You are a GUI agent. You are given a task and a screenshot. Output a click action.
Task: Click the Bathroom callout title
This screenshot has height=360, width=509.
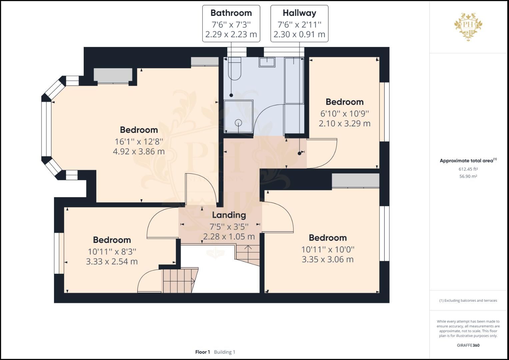click(x=231, y=13)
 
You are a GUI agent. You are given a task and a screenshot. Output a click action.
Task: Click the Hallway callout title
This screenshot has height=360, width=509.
click(x=299, y=13)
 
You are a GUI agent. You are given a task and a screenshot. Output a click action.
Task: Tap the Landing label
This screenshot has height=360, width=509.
click(x=229, y=215)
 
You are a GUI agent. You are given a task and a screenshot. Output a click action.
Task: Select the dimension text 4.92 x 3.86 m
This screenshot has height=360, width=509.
click(x=139, y=152)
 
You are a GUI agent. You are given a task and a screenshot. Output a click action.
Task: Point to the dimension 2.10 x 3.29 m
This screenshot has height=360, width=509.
click(x=344, y=124)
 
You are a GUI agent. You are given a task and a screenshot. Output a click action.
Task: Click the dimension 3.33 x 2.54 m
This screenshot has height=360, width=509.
click(x=112, y=262)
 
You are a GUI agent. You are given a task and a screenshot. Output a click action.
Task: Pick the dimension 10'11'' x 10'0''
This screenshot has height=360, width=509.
click(x=328, y=249)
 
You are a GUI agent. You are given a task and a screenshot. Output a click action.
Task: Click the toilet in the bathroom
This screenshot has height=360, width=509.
click(x=234, y=69)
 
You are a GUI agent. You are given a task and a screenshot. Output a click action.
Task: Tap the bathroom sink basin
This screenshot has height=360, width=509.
click(x=267, y=62)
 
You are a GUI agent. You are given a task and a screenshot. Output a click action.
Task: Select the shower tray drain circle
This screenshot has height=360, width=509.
click(x=238, y=122)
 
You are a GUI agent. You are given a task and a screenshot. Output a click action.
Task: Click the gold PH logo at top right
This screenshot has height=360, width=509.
click(x=468, y=26)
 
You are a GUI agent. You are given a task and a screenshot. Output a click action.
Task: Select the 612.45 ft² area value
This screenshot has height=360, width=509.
click(x=468, y=169)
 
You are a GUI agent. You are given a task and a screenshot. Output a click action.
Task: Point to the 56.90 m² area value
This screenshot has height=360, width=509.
click(x=468, y=176)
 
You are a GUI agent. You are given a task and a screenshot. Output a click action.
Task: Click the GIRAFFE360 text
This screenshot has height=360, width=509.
click(x=468, y=345)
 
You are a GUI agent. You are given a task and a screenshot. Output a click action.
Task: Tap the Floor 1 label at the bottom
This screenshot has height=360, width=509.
click(x=202, y=352)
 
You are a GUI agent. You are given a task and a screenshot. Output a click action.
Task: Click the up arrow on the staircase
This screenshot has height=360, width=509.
click(x=248, y=248)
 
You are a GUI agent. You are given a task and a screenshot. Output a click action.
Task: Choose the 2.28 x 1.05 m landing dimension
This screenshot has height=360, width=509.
click(x=229, y=237)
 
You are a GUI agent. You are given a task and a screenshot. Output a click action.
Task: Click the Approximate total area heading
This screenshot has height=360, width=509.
click(x=468, y=161)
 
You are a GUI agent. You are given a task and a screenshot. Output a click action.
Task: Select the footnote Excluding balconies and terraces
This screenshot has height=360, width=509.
click(x=468, y=300)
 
